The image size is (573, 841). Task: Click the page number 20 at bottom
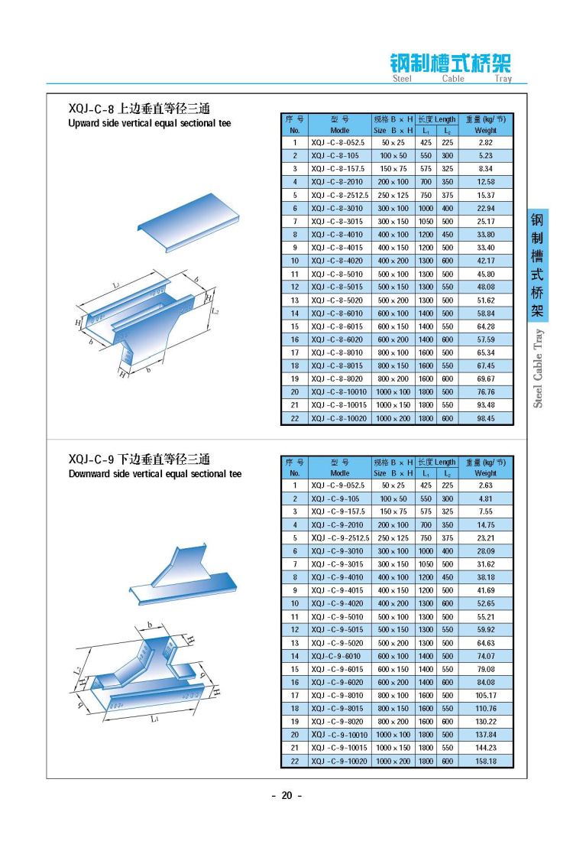286,795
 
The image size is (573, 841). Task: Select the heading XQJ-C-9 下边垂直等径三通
138,459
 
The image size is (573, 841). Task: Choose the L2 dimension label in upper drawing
215,311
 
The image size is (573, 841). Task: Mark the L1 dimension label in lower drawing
154,719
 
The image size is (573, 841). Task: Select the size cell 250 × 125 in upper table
393,195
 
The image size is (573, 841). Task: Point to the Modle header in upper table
339,131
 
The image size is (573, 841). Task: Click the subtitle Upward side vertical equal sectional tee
149,124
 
